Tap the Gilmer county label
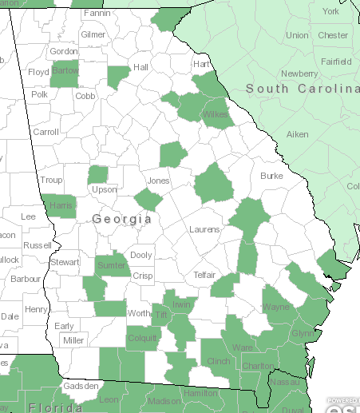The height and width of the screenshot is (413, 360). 93,35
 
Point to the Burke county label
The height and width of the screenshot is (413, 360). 271,176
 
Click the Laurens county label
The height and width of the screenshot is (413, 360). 204,229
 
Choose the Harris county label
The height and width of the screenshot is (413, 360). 61,205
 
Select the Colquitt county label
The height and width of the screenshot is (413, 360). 143,337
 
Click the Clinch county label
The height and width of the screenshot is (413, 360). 218,361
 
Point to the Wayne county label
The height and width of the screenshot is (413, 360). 277,305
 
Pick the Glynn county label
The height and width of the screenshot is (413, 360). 303,333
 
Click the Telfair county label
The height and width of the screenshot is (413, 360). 204,275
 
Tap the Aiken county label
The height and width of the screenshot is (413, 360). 297,135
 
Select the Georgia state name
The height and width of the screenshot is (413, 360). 121,218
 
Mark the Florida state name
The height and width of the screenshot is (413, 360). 56,407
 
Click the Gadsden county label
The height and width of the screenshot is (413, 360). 81,387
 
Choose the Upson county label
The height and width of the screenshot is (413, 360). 104,189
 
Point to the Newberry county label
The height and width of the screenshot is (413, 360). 299,73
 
